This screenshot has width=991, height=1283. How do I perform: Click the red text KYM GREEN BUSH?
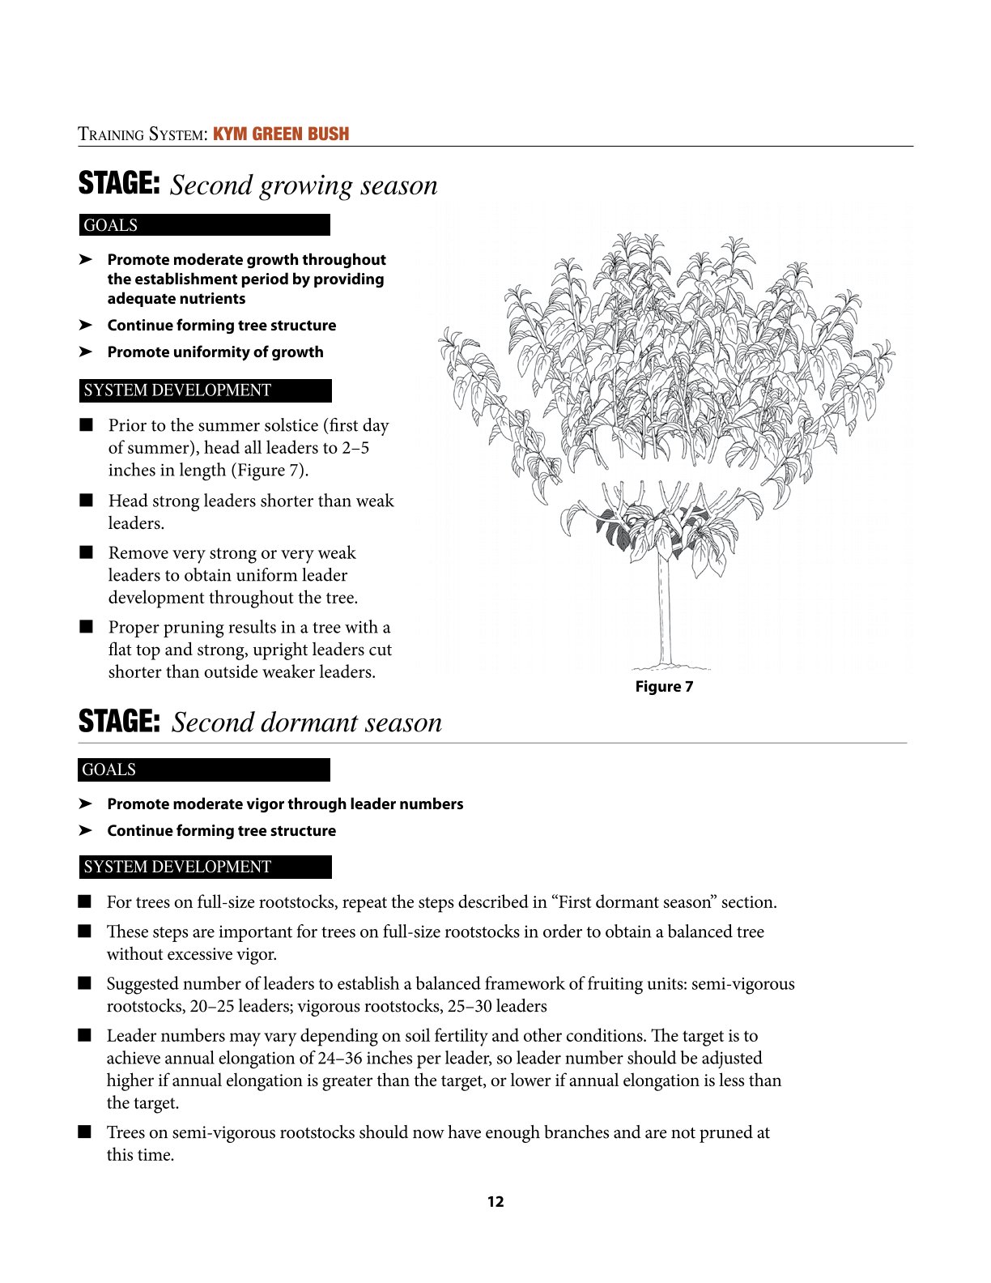(x=281, y=134)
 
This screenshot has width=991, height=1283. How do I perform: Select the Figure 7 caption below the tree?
(x=664, y=687)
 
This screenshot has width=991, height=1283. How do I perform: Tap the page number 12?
(x=495, y=1202)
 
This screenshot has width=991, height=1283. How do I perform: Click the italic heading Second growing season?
(x=304, y=185)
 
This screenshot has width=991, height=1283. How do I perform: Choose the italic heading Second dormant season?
(x=307, y=722)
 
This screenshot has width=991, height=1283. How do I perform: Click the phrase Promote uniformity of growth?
(x=215, y=352)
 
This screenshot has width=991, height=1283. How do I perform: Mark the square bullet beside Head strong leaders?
(x=87, y=501)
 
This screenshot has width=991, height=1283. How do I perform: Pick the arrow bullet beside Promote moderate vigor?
(x=85, y=804)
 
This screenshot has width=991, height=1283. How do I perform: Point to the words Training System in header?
(x=142, y=134)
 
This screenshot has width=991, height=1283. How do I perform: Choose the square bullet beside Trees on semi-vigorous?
(x=85, y=1132)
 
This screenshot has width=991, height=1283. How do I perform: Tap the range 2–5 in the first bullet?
(x=355, y=448)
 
